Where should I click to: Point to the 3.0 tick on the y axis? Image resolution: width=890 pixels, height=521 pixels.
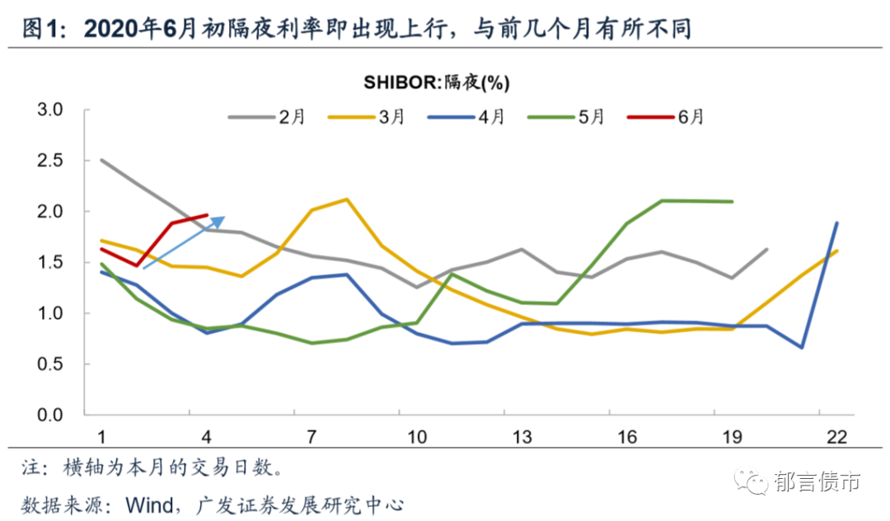51,110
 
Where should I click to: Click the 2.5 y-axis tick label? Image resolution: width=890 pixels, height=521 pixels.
51,161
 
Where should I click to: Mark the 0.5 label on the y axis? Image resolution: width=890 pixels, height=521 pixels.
51,364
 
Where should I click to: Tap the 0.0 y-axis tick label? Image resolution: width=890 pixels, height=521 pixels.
51,415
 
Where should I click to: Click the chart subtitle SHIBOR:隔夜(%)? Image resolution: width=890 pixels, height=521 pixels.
436,82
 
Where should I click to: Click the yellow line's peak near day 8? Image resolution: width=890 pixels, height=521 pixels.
346,199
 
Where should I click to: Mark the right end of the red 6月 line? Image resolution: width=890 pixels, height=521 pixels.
207,215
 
